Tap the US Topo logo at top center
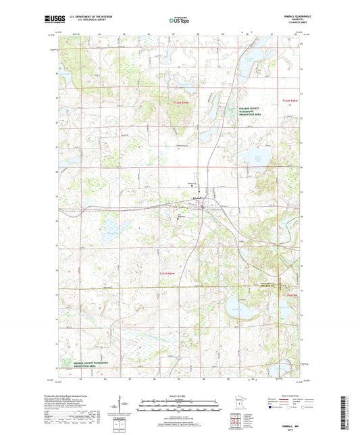pos(179,21)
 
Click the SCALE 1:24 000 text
pos(180,395)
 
